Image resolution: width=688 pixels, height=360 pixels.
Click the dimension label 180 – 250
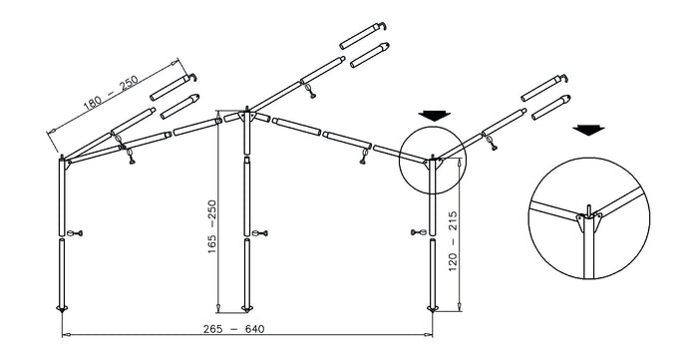click(111, 93)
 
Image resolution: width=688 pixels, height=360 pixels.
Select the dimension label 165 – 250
click(212, 227)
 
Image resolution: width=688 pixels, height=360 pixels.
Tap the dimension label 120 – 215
click(453, 241)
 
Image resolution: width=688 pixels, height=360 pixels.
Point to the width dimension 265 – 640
click(234, 329)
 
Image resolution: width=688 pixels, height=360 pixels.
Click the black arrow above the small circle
click(434, 116)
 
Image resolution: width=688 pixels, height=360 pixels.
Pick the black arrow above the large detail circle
click(588, 130)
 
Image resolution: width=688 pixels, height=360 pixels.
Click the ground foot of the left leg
click(62, 308)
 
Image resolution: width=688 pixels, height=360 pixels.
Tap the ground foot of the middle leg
click(247, 308)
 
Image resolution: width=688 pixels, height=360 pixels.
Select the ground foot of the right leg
click(433, 308)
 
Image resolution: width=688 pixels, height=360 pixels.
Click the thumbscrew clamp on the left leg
click(75, 233)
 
